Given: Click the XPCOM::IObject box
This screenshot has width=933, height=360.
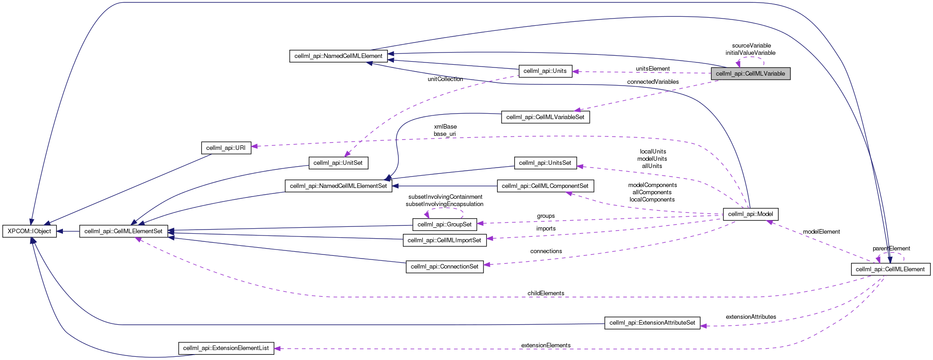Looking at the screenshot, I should point(30,231).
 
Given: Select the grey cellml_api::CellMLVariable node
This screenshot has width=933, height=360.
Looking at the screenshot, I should point(750,73).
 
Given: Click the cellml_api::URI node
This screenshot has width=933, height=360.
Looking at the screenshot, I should point(225,148).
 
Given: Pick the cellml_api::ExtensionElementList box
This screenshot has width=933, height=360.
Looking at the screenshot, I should point(226,348).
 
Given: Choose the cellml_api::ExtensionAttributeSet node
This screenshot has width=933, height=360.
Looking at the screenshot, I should point(652,323).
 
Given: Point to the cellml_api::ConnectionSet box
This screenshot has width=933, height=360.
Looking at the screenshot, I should point(444,267).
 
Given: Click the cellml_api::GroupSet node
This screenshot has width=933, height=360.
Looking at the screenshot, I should point(444,224).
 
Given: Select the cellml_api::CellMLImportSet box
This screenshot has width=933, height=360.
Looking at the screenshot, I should point(444,240).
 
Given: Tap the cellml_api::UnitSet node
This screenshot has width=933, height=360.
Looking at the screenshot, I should point(338,163).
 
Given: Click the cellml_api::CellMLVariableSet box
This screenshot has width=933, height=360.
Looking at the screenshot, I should point(545,117).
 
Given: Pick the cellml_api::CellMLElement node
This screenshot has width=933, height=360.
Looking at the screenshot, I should point(890,269).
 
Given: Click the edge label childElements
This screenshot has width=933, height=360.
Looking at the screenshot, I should point(545,293).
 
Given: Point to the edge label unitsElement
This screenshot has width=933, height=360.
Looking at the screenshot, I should point(652,69).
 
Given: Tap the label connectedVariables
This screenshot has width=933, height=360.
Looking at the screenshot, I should point(652,82).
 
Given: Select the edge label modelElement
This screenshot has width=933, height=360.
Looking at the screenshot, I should point(821,232).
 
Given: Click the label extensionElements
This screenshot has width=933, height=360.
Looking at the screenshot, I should point(545,345).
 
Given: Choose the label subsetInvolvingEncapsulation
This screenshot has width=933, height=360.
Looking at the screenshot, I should point(444,204).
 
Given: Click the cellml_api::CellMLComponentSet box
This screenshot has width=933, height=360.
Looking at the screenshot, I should point(545,186).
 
